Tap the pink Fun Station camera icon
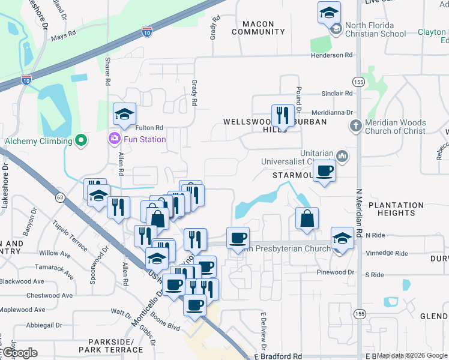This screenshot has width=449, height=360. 114,139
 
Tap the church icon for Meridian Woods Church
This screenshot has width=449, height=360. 355,126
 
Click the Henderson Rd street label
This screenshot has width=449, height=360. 331,55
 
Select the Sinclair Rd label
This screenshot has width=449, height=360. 337,94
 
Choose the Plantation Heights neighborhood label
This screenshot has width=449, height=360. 396,209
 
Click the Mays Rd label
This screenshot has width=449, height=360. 63,37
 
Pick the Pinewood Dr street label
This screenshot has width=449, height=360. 336,272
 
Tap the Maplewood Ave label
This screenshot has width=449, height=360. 22,310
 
